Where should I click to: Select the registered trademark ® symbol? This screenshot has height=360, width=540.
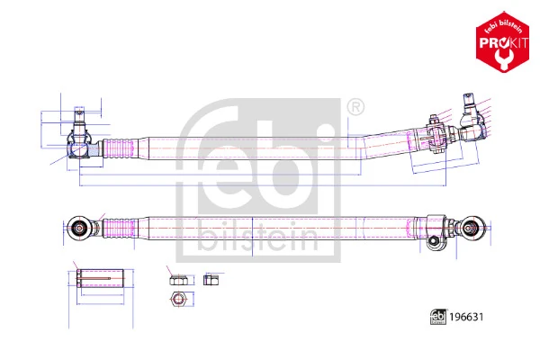coord(355,108)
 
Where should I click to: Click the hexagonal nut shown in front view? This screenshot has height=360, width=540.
coord(177,299)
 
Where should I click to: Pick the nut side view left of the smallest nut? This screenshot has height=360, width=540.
coord(176,279)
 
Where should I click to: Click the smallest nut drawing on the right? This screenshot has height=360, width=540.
coord(211,279)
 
